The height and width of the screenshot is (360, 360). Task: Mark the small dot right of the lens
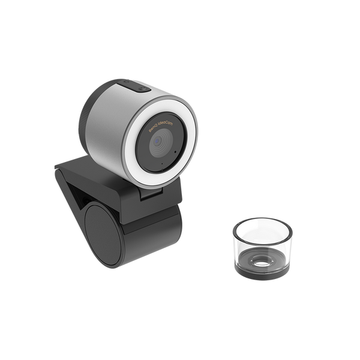[x=174, y=152]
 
